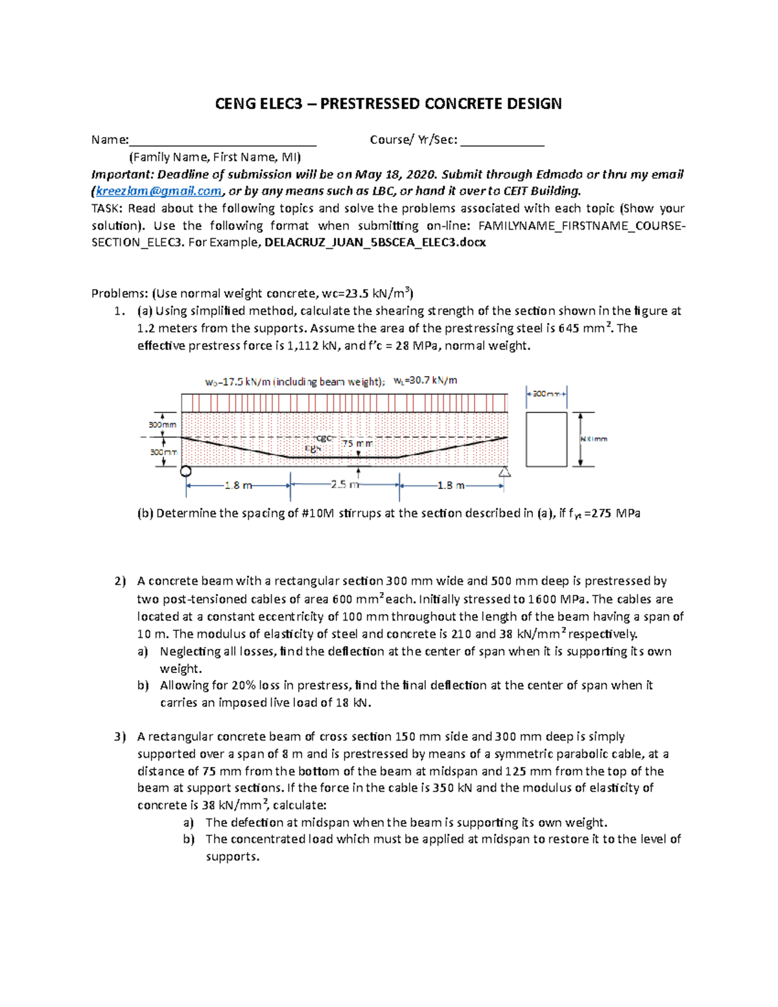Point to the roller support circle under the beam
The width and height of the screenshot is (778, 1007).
point(186,471)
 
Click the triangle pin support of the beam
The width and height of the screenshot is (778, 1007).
point(504,472)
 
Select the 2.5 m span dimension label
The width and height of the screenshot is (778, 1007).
point(344,485)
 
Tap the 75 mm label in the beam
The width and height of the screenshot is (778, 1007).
point(357,444)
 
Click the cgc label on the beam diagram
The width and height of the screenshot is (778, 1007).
point(324,438)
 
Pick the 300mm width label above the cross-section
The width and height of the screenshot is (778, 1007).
point(546,394)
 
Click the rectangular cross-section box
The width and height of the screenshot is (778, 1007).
point(547,439)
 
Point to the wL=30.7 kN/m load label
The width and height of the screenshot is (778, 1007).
point(425,381)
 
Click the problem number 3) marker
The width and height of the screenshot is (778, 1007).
point(120,737)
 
